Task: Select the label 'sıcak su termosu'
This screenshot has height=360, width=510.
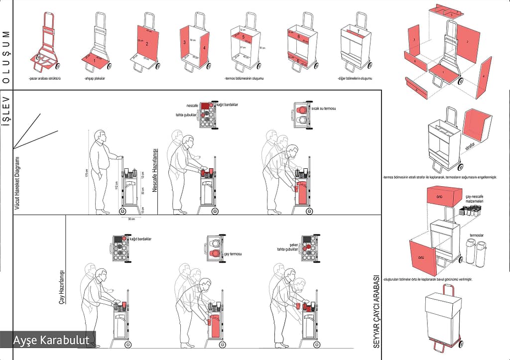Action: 323,108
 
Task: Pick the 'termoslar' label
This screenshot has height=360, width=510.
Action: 476,235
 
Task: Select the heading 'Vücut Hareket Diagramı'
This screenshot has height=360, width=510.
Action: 16,182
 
